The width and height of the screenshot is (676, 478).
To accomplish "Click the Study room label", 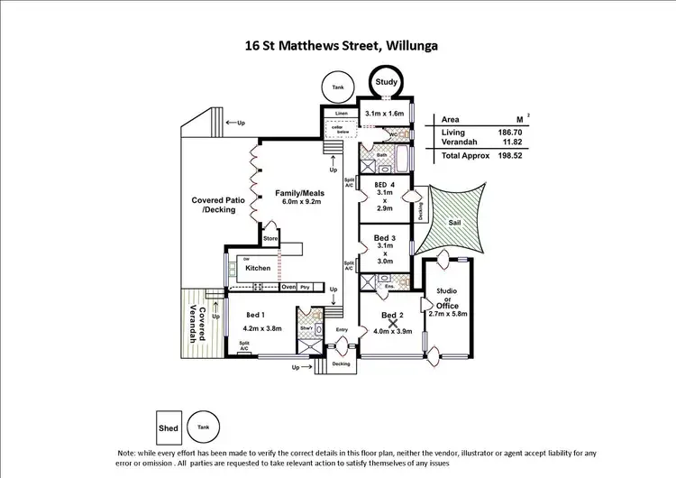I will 386,82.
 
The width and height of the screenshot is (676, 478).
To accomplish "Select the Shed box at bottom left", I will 169,427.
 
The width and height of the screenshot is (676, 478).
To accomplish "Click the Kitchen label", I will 259,268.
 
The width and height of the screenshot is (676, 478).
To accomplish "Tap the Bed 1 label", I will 254,314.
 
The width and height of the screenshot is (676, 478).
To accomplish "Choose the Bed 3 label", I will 384,238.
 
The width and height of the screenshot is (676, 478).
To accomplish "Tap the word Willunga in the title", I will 416,42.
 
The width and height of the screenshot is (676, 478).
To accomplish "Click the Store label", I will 269,239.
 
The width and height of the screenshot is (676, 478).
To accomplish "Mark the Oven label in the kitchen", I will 288,287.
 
